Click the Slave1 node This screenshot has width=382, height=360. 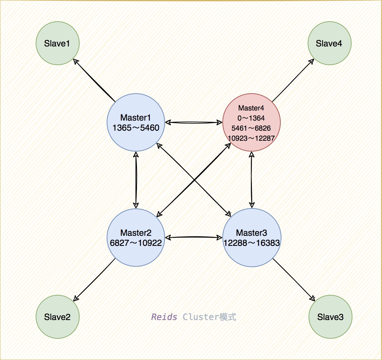click(58, 43)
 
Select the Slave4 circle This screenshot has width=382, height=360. click(330, 43)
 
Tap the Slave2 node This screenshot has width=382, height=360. click(58, 317)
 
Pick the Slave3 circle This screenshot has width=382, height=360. click(330, 317)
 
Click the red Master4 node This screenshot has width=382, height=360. click(252, 122)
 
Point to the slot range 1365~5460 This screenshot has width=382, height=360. click(136, 128)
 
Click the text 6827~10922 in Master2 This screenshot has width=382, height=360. click(136, 243)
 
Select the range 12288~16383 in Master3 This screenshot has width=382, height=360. click(252, 243)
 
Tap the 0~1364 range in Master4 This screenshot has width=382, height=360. click(251, 118)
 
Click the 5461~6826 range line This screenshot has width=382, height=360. click(251, 128)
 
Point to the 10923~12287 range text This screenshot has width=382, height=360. click(251, 138)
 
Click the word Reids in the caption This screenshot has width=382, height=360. click(164, 317)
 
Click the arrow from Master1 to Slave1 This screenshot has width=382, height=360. click(94, 80)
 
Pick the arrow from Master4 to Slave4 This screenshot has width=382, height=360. click(293, 80)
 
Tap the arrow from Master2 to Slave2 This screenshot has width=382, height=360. click(94, 280)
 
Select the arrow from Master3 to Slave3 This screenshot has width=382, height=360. click(294, 280)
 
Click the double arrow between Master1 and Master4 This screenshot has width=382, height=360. click(194, 122)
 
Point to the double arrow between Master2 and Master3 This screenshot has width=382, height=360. click(194, 237)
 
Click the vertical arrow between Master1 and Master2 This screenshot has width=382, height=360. click(136, 180)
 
